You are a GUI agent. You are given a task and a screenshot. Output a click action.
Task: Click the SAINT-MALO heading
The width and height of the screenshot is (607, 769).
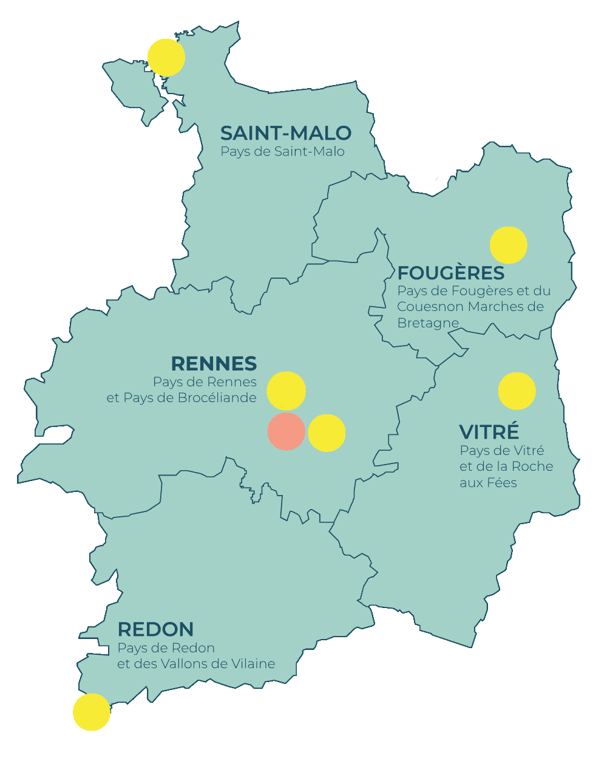(285, 133)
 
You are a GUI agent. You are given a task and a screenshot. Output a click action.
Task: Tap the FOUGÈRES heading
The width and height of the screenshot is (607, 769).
(450, 273)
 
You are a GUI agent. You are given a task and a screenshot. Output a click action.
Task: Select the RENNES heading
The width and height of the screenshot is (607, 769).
(214, 364)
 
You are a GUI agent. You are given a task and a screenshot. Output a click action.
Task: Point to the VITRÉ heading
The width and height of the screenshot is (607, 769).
(489, 432)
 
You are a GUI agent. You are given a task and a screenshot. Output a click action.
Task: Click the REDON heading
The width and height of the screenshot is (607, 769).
(155, 629)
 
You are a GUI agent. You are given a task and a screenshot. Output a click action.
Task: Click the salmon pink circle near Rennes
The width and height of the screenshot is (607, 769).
(286, 431)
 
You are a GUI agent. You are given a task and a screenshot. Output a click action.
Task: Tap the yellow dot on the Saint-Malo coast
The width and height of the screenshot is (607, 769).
(166, 58)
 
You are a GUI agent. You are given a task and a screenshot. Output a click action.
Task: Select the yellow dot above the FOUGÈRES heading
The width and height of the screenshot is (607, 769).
(508, 245)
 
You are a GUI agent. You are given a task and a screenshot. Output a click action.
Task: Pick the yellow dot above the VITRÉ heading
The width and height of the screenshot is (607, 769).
(517, 391)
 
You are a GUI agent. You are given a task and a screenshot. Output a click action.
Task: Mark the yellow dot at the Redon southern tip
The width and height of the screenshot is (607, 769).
(92, 712)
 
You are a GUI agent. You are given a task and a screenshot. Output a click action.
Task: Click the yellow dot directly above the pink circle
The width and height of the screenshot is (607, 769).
(286, 391)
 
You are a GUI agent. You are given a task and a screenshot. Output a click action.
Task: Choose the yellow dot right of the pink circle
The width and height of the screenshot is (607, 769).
(327, 433)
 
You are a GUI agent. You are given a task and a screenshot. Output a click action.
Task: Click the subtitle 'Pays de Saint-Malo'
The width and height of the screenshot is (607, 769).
(282, 152)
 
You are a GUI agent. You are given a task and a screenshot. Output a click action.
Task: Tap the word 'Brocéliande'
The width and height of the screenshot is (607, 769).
(217, 398)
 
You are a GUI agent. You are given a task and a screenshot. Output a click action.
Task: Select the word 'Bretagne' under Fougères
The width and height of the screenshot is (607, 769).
(427, 323)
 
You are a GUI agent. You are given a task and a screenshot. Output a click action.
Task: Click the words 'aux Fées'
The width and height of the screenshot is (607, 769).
(488, 483)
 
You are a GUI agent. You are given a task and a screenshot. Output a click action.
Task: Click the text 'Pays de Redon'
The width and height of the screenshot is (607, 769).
(166, 648)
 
